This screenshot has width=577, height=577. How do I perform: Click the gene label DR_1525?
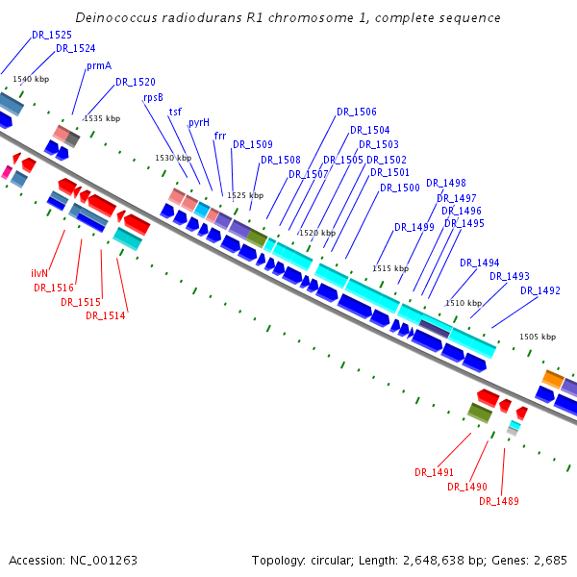pyautogui.click(x=52, y=35)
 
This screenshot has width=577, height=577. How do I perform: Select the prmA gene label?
pyautogui.click(x=99, y=66)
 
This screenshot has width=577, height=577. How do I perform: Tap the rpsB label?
pyautogui.click(x=153, y=98)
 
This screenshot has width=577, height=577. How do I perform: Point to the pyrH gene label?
pyautogui.click(x=199, y=123)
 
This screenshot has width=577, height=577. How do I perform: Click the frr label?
pyautogui.click(x=220, y=137)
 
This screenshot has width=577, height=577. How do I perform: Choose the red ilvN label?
pyautogui.click(x=39, y=273)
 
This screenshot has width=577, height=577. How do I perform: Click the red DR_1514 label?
pyautogui.click(x=106, y=315)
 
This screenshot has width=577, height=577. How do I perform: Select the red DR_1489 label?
pyautogui.click(x=499, y=501)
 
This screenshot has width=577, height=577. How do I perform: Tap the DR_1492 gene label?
pyautogui.click(x=540, y=291)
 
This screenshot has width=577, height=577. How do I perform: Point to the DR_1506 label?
pyautogui.click(x=357, y=112)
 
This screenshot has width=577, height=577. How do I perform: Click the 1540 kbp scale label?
pyautogui.click(x=31, y=79)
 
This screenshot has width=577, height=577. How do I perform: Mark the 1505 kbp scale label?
pyautogui.click(x=538, y=337)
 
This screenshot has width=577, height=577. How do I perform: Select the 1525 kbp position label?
pyautogui.click(x=245, y=195)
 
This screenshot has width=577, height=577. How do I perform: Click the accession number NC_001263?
pyautogui.click(x=104, y=561)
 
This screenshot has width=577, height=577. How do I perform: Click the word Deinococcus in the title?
pyautogui.click(x=116, y=17)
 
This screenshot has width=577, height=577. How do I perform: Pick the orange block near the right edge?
pyautogui.click(x=553, y=379)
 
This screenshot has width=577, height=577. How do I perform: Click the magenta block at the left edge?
pyautogui.click(x=7, y=172)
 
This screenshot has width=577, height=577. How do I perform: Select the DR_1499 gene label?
pyautogui.click(x=414, y=227)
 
